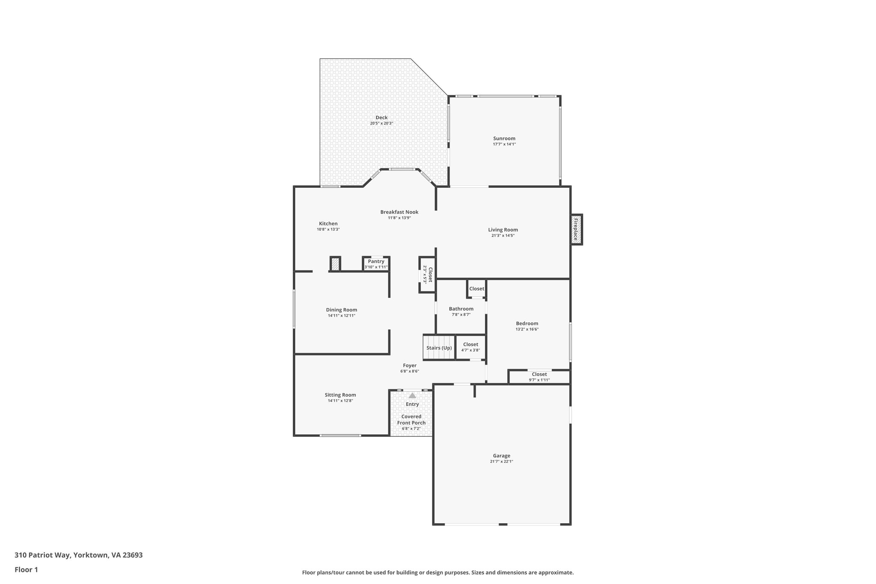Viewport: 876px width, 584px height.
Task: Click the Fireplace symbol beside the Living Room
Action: pos(576,229)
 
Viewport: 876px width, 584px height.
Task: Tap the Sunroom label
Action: pos(504,139)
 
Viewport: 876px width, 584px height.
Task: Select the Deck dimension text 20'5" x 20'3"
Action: pos(381,123)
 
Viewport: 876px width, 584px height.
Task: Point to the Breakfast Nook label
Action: pos(399,212)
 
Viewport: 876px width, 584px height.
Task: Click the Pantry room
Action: pos(376,264)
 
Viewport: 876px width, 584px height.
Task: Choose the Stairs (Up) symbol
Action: pos(439,348)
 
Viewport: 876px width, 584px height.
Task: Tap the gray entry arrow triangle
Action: pos(412,396)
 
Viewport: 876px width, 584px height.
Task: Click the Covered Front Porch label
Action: pos(411,420)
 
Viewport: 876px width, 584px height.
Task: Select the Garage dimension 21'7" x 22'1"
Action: pos(501,462)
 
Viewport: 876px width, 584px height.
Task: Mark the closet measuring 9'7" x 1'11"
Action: pos(539,377)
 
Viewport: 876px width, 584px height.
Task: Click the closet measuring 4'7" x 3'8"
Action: pos(471,347)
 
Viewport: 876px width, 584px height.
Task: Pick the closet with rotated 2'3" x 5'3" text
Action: pos(427,275)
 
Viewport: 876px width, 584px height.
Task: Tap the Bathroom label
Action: pos(461,309)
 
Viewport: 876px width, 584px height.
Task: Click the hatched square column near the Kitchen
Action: pos(335,264)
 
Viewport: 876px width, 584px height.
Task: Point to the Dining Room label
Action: pos(341,310)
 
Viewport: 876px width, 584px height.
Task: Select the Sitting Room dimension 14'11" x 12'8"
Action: pos(340,401)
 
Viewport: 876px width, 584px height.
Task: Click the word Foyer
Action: pos(409,366)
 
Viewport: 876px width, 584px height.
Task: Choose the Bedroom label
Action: pos(527,324)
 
